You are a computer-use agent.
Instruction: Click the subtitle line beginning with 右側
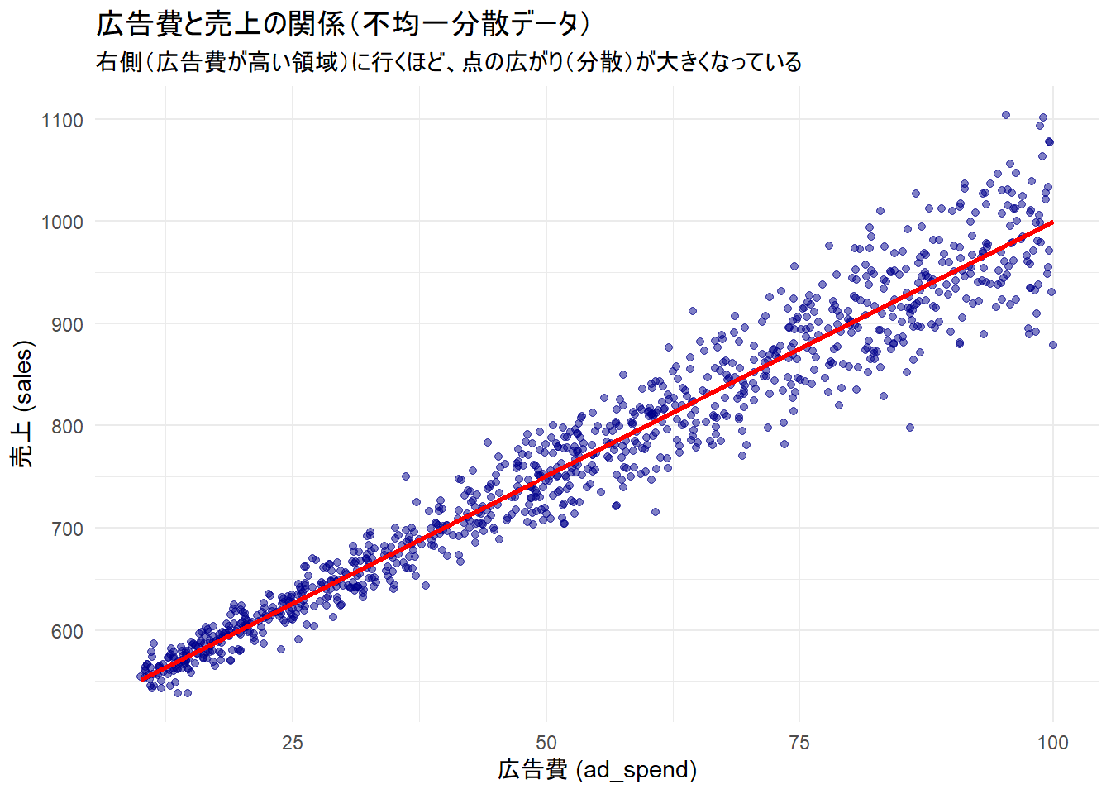tap(448, 62)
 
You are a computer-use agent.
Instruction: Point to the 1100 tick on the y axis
tap(63, 121)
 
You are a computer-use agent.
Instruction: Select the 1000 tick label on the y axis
tap(63, 222)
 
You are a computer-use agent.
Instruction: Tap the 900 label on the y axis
tap(67, 325)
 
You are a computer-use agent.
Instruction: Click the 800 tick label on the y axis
tap(67, 427)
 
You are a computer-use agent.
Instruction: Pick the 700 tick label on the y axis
tap(67, 529)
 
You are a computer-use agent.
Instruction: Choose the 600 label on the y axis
tap(67, 632)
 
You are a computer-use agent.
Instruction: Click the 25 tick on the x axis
tap(293, 743)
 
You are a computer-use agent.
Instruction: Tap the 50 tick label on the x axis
tap(546, 743)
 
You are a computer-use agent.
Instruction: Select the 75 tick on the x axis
tap(799, 743)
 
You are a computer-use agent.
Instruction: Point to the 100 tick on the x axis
tap(1052, 743)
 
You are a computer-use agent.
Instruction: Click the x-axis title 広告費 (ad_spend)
tap(597, 770)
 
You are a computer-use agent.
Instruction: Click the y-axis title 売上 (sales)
tap(22, 404)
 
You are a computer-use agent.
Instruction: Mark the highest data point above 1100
tap(1006, 115)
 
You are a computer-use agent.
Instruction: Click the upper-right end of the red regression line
tap(1051, 222)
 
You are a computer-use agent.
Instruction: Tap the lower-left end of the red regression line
tap(143, 679)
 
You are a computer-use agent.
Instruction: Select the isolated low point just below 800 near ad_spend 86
tap(910, 428)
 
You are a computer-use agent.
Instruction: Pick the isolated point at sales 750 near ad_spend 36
tap(406, 476)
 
